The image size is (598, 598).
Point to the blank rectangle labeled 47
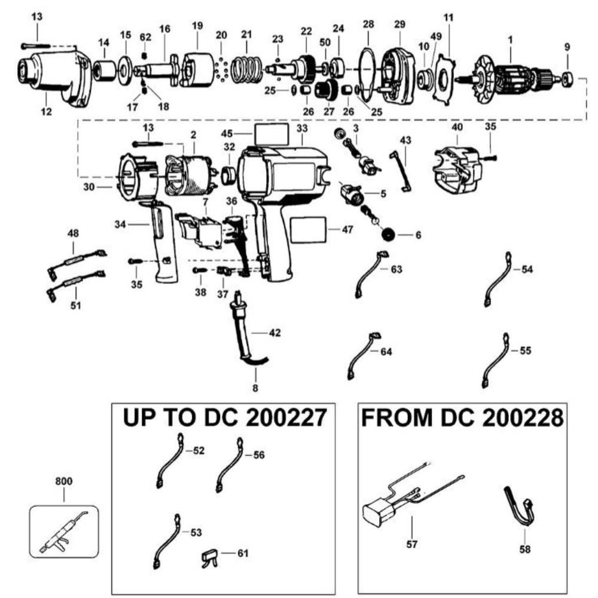(308, 230)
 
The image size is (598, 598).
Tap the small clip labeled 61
(208, 556)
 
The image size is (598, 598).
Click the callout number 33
(301, 129)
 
